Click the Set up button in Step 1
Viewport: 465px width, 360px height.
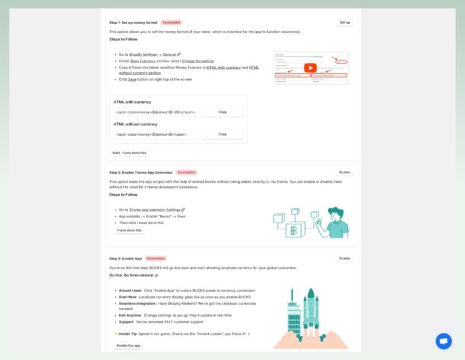pyautogui.click(x=345, y=22)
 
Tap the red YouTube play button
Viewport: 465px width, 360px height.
pyautogui.click(x=310, y=68)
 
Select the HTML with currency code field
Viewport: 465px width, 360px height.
pyautogui.click(x=155, y=112)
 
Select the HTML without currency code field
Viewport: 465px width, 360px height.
pyautogui.click(x=155, y=134)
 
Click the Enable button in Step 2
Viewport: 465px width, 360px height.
pyautogui.click(x=345, y=172)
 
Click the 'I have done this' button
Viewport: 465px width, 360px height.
pyautogui.click(x=130, y=230)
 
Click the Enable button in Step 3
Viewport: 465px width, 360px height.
pyautogui.click(x=345, y=258)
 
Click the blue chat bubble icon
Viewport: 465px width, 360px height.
pyautogui.click(x=443, y=341)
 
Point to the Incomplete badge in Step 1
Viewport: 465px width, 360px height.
pyautogui.click(x=171, y=22)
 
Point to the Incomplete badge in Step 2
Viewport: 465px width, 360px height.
pyautogui.click(x=186, y=172)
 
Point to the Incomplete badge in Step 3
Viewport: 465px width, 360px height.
pyautogui.click(x=156, y=258)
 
